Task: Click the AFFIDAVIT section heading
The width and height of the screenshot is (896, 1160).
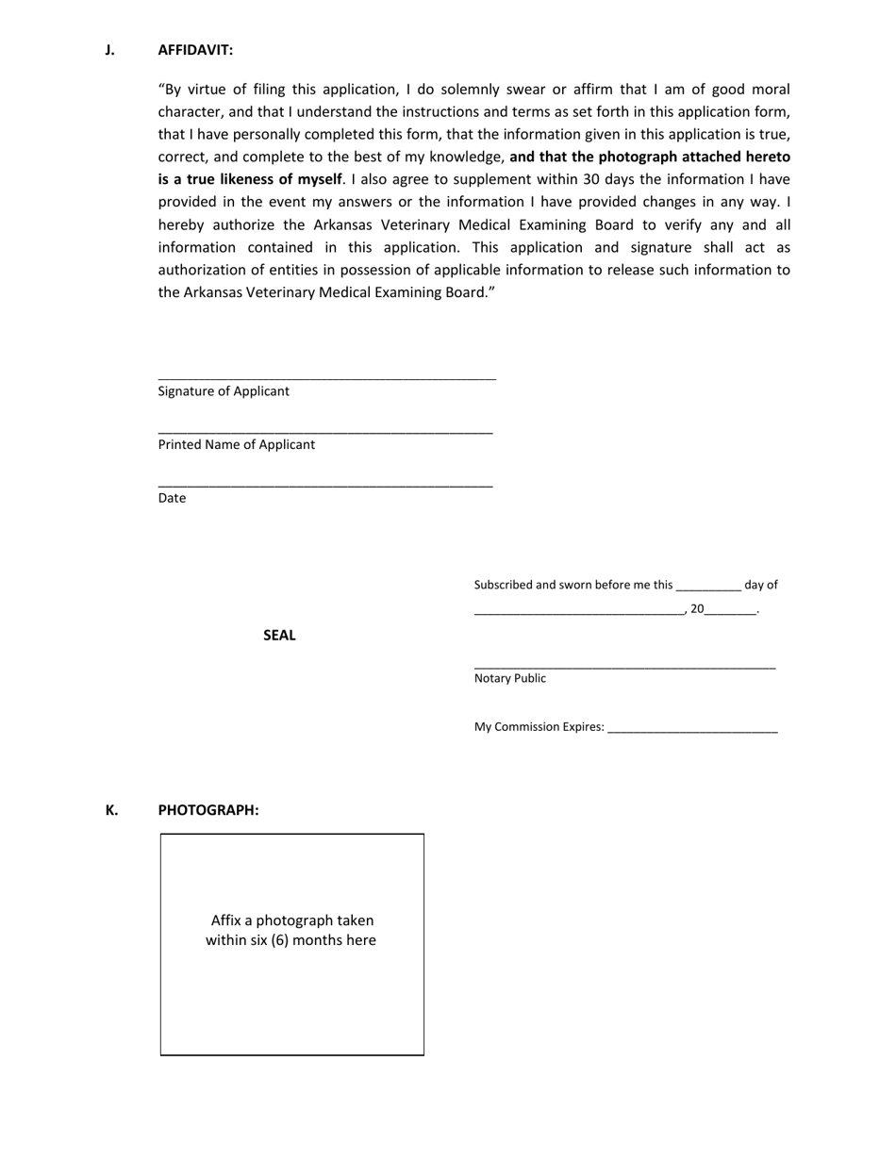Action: click(195, 50)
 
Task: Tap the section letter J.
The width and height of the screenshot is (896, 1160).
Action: click(109, 50)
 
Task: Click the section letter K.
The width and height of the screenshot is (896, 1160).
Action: click(111, 810)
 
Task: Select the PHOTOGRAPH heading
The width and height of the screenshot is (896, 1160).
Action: click(208, 810)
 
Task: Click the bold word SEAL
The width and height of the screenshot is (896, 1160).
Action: click(279, 636)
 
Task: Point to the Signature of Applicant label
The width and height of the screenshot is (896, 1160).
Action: click(224, 391)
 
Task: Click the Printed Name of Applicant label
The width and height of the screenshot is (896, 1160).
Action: click(237, 445)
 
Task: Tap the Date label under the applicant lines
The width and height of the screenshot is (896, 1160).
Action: click(172, 498)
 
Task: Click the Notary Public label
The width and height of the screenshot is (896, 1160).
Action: click(509, 678)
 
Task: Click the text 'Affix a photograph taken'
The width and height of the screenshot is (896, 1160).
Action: click(292, 920)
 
